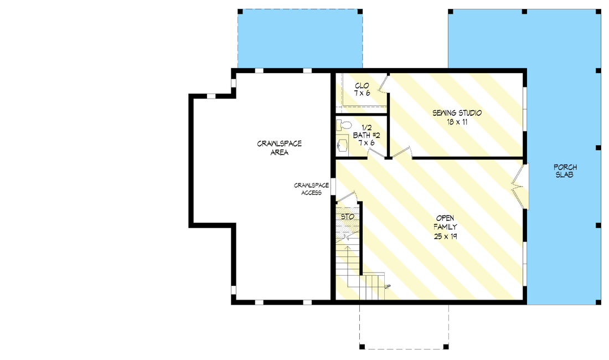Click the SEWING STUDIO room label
pyautogui.click(x=457, y=113)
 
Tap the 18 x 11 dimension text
pyautogui.click(x=457, y=122)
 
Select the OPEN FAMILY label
pyautogui.click(x=446, y=222)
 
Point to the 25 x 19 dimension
pyautogui.click(x=446, y=236)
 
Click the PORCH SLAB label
pyautogui.click(x=565, y=171)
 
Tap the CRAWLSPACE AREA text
pyautogui.click(x=279, y=148)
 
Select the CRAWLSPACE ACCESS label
pyautogui.click(x=312, y=189)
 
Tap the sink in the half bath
pyautogui.click(x=342, y=146)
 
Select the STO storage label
pyautogui.click(x=347, y=217)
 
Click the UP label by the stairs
pyautogui.click(x=387, y=287)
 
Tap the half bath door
pyautogui.click(x=377, y=152)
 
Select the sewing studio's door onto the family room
pyautogui.click(x=402, y=152)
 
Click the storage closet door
pyautogui.click(x=348, y=196)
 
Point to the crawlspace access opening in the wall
pyautogui.click(x=333, y=186)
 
